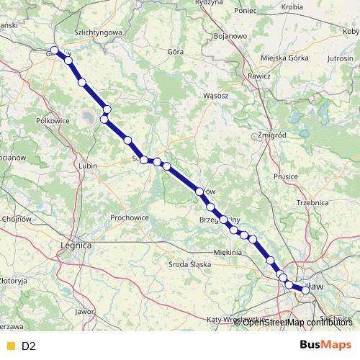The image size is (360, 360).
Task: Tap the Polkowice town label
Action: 52,121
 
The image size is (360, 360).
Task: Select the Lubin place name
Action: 88,166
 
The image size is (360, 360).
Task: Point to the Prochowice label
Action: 130,217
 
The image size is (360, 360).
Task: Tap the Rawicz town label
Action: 258,75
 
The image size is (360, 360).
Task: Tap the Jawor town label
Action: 84,312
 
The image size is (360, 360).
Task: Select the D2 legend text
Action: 29,346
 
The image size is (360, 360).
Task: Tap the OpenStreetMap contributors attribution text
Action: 297,322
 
